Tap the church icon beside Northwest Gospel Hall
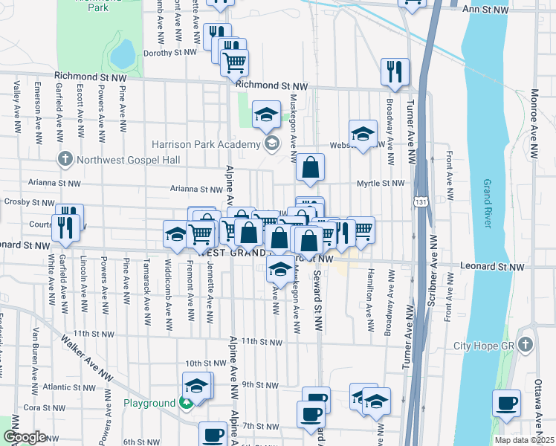coord(65,159)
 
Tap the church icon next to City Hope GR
coord(526,346)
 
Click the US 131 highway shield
coord(421,201)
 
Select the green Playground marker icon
coord(186,403)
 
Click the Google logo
coord(25,437)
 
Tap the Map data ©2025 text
coord(525,440)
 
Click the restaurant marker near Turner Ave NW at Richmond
coord(395,71)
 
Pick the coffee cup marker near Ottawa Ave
coord(506,403)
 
